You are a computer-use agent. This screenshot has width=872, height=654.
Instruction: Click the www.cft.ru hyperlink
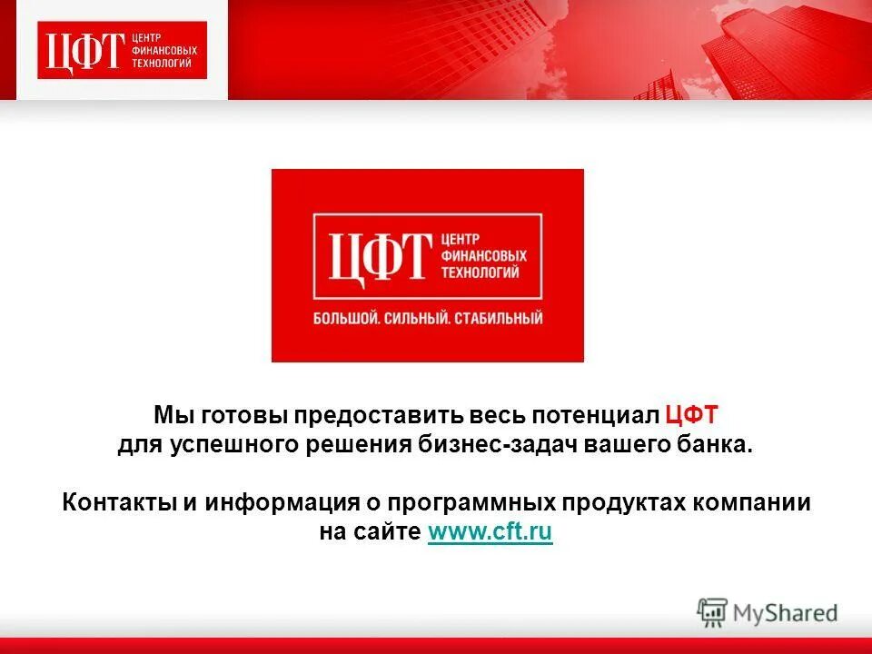490,533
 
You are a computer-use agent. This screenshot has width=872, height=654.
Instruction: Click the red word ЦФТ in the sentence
691,416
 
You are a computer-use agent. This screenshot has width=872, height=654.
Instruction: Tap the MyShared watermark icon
712,612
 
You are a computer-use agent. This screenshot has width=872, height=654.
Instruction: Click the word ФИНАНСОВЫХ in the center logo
483,255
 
